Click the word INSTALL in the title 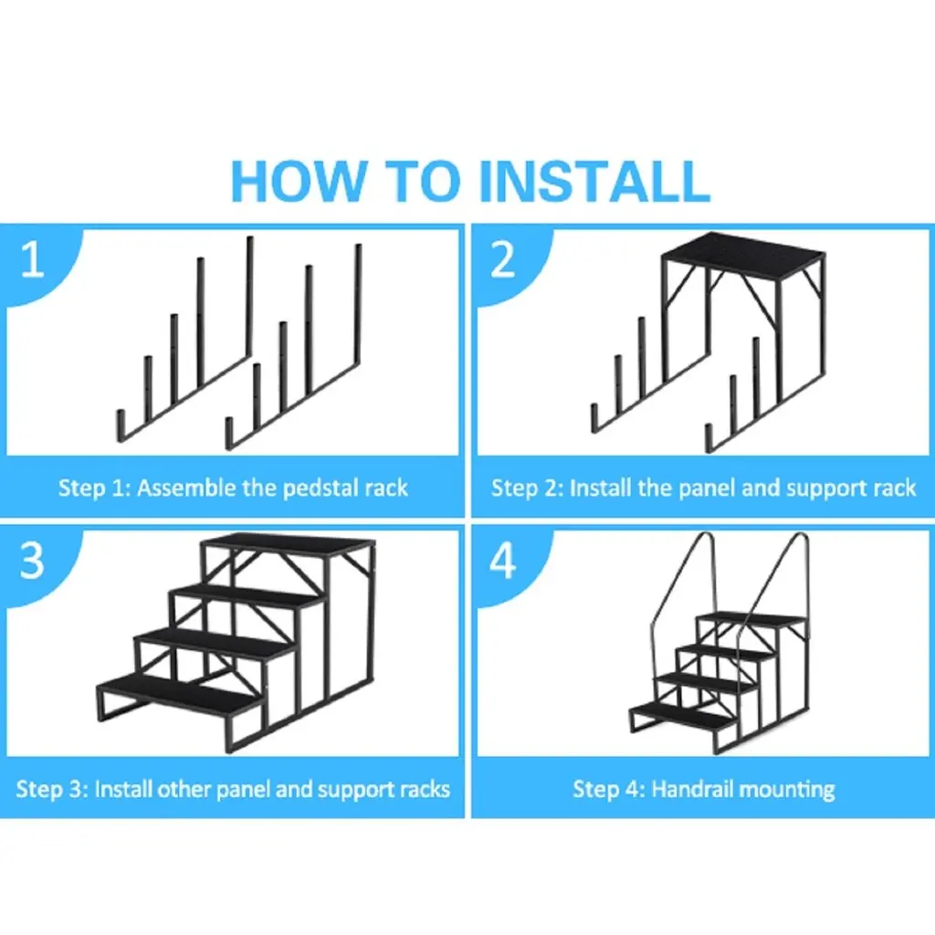coord(594,181)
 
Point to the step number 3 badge coord(32,560)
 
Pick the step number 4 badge coord(503,561)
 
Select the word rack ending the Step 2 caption coord(895,489)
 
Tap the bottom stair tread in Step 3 coord(179,693)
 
